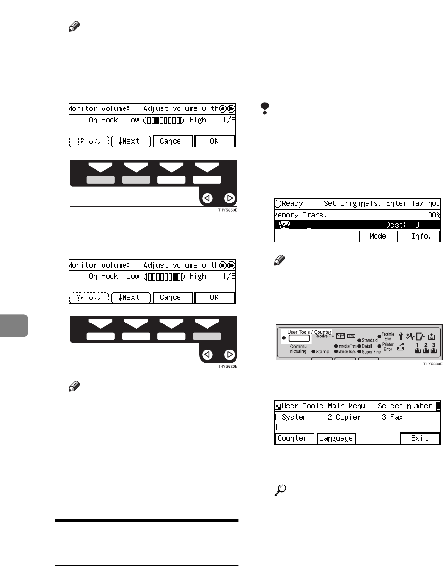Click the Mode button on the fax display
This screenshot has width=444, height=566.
(377, 237)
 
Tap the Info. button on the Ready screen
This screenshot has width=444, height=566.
(418, 237)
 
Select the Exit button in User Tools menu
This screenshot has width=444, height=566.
(419, 439)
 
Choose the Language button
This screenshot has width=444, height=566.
(336, 439)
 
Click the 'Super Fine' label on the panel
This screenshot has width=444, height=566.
(369, 352)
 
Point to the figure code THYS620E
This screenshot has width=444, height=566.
(227, 367)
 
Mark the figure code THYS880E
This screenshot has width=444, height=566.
(431, 364)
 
